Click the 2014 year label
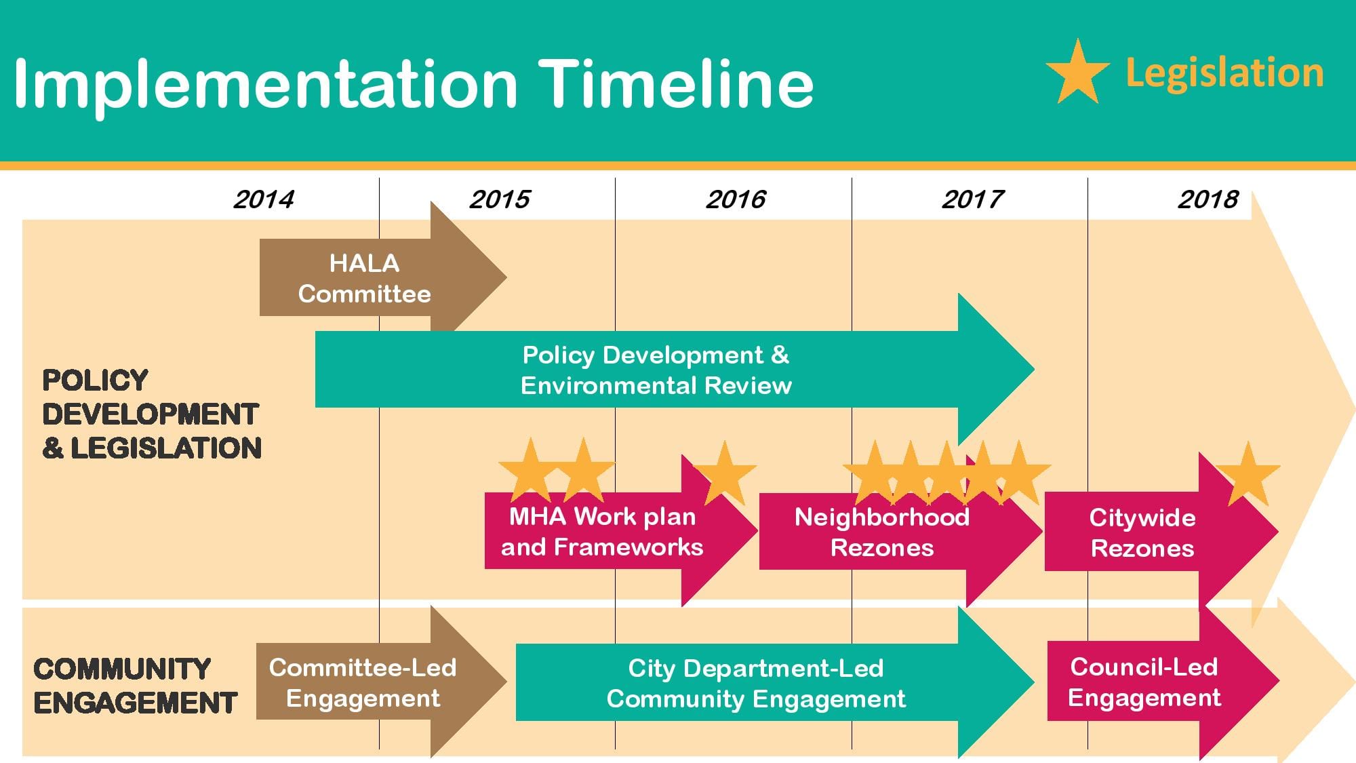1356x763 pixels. click(264, 199)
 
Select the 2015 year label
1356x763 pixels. click(500, 199)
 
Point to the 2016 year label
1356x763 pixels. click(736, 199)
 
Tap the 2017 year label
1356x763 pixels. click(972, 199)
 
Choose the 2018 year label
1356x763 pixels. click(1208, 199)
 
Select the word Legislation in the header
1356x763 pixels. click(1224, 73)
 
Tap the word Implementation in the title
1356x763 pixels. click(266, 86)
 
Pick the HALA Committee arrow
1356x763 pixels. click(383, 277)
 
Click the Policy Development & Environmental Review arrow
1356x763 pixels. click(675, 370)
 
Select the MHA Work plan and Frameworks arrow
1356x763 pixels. click(621, 530)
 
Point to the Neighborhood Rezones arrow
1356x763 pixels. click(900, 531)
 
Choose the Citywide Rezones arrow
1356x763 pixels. click(1161, 532)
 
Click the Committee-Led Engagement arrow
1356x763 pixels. click(381, 681)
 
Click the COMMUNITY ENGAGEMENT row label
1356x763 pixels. click(135, 686)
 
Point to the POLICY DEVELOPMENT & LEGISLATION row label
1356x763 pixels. click(152, 414)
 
